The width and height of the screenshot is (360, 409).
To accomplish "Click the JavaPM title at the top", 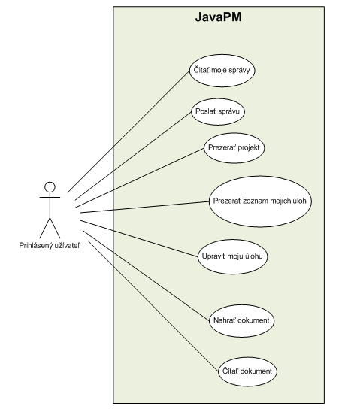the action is (218, 17).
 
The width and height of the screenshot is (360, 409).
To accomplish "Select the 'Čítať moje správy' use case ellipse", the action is (222, 71).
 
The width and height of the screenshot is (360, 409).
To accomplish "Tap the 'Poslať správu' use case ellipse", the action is (218, 111).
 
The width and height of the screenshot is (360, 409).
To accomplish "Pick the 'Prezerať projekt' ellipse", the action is (234, 148).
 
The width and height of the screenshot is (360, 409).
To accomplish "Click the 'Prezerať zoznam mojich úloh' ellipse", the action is (260, 201).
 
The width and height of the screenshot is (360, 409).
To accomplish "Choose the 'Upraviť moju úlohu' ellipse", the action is (232, 256).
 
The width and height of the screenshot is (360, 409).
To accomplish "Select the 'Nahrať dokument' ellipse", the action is (241, 320).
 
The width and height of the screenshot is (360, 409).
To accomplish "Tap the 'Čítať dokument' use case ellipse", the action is (247, 371).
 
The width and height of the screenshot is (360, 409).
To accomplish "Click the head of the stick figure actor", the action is (50, 187).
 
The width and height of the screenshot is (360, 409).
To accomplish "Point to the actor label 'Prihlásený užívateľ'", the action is (50, 245).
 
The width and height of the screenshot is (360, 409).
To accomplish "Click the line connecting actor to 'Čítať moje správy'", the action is (129, 132).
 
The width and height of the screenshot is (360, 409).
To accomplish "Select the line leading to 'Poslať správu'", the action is (133, 156).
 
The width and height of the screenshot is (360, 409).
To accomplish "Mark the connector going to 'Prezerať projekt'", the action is (140, 178).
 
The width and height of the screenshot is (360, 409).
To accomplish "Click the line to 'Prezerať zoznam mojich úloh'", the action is (145, 207).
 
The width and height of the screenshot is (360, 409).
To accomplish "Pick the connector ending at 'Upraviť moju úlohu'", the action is (139, 238).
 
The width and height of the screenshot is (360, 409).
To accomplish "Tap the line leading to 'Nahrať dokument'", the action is (146, 275).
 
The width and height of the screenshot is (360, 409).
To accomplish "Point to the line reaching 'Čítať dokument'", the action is (153, 306).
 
